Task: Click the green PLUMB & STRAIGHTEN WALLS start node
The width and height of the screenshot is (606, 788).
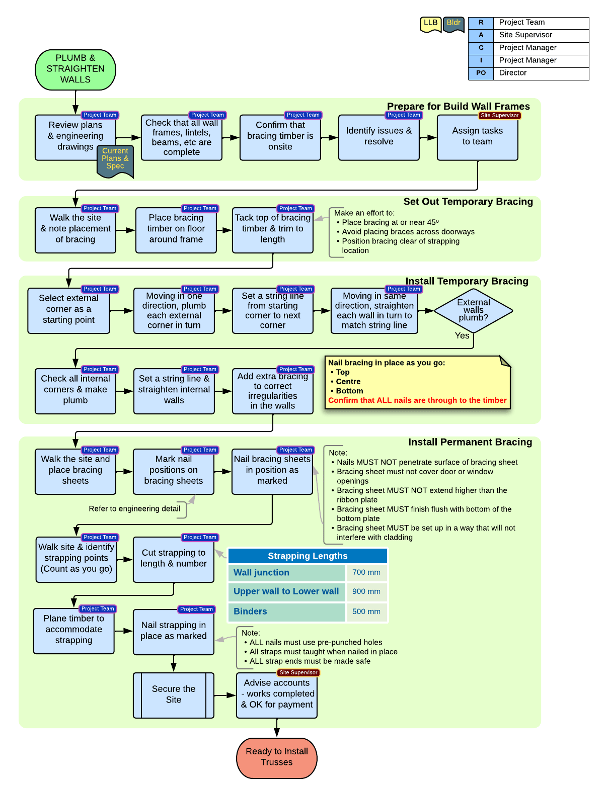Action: (75, 69)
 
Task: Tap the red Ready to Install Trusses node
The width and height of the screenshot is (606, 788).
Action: (277, 757)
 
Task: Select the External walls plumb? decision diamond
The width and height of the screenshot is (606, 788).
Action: (473, 310)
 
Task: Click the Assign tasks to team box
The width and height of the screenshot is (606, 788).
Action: (477, 137)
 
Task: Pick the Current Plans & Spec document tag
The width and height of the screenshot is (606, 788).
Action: (115, 160)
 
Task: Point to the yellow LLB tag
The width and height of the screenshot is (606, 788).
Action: (430, 24)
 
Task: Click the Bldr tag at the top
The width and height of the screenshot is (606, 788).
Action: (453, 24)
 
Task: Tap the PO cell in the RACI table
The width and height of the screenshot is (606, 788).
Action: (481, 73)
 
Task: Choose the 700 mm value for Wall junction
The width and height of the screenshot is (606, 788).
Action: (366, 572)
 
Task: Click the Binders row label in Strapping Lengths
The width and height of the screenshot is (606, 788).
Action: (250, 611)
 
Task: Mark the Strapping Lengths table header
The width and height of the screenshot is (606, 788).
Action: (308, 556)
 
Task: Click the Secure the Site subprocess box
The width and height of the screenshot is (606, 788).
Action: (174, 695)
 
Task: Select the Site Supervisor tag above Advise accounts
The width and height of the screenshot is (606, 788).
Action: (298, 673)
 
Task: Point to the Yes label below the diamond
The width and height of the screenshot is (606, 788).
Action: (462, 336)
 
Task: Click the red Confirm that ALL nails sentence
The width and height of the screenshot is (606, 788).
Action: (417, 401)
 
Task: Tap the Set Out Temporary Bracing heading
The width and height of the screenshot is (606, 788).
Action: (468, 202)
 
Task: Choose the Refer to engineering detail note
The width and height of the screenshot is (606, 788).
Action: (134, 509)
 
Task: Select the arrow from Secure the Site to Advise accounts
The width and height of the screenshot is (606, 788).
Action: (225, 695)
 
